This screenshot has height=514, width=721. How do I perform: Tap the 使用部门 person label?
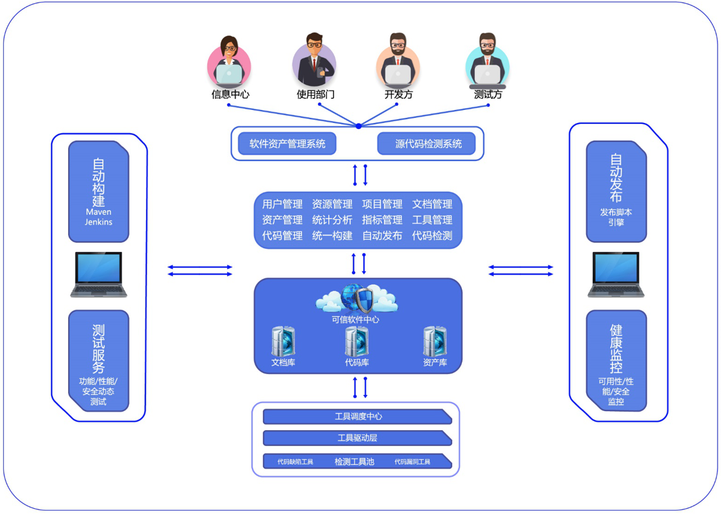315,94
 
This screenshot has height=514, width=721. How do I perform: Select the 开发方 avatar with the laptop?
397,64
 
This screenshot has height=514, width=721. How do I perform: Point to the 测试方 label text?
488,94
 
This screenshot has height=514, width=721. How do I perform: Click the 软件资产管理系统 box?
287,143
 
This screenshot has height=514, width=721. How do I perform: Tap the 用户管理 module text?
282,204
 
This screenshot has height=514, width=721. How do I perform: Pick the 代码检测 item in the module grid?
432,236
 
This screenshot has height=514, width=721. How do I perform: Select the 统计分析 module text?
332,220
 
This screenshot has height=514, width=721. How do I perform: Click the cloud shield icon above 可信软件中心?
357,299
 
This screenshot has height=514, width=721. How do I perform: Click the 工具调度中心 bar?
357,416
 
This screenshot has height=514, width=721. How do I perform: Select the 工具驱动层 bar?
357,438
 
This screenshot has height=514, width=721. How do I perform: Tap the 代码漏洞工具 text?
412,462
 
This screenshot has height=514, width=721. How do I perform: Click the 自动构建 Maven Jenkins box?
99,191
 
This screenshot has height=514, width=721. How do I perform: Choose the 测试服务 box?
99,360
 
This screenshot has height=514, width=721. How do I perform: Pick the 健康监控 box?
616,361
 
